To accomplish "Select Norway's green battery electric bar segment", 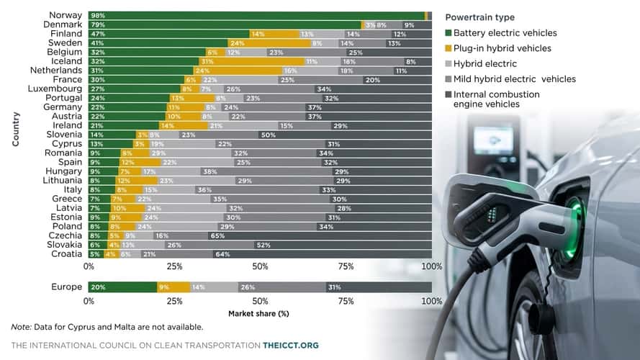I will click(x=256, y=15).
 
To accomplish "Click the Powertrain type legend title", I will click(x=480, y=17).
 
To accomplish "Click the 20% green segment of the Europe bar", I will click(x=123, y=287).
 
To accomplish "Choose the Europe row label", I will click(x=66, y=287).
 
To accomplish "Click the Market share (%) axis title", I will click(x=258, y=313).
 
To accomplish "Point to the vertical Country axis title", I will click(x=16, y=130).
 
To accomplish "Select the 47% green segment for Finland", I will click(x=168, y=34).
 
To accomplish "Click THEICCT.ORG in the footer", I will click(x=291, y=346).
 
